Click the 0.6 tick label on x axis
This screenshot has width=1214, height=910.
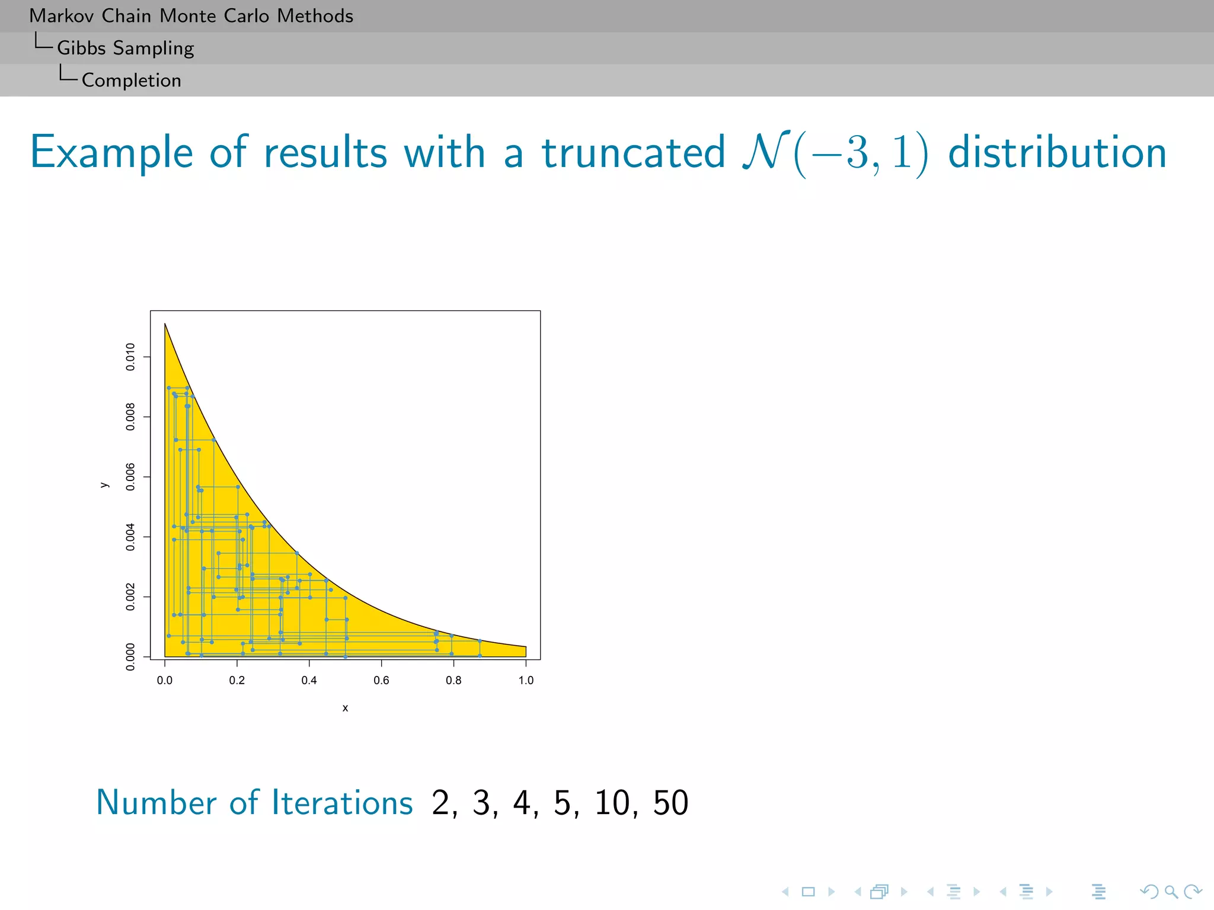[x=381, y=680]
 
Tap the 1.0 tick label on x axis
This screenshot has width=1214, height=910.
[x=526, y=680]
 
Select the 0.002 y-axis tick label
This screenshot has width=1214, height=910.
[x=130, y=597]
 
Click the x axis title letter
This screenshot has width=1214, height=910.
[x=345, y=708]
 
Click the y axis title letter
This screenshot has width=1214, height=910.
[x=104, y=485]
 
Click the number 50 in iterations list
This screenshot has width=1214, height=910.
[x=670, y=803]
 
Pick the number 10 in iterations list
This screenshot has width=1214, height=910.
[x=612, y=803]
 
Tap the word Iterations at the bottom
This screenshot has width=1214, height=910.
[x=342, y=803]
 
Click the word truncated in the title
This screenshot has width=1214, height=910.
[x=633, y=153]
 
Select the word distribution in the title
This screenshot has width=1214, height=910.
[x=1057, y=153]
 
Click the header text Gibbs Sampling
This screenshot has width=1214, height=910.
[x=125, y=48]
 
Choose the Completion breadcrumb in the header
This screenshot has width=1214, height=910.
[x=131, y=80]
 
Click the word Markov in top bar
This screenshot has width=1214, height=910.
[x=61, y=16]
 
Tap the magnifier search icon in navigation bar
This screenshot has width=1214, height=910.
[x=1171, y=892]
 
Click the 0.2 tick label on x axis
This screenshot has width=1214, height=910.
[x=237, y=680]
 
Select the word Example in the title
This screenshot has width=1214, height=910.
[x=111, y=153]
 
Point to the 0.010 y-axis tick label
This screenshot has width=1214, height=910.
[x=130, y=357]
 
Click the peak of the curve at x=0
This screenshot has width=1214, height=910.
[x=165, y=323]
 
